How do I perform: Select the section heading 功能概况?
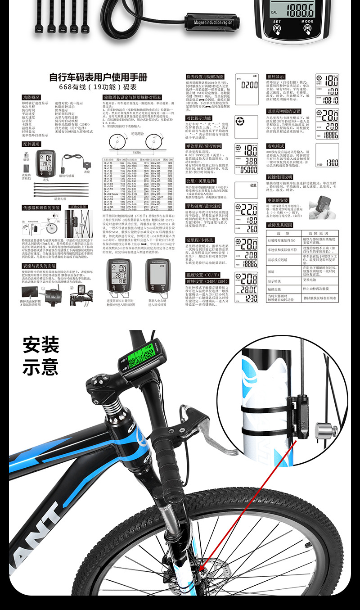point(31,97)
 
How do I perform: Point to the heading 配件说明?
point(31,144)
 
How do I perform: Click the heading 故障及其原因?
point(279,225)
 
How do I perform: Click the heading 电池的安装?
point(278,200)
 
